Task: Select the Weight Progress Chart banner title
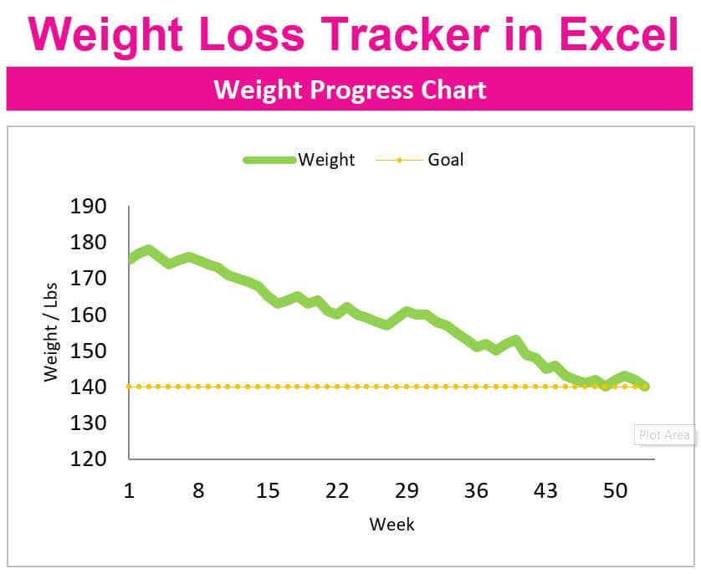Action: [350, 89]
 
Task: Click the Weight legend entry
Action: [326, 159]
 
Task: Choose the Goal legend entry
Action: [445, 159]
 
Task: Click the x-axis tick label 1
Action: [129, 491]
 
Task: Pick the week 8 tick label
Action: [198, 491]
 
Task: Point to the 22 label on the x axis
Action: [337, 491]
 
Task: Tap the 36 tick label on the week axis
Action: [476, 491]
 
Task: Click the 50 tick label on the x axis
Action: [615, 491]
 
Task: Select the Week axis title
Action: [391, 525]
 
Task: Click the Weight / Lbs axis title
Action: [53, 332]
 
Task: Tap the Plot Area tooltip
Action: [665, 435]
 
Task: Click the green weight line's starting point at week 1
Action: [130, 259]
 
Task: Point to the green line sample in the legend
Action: [269, 159]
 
